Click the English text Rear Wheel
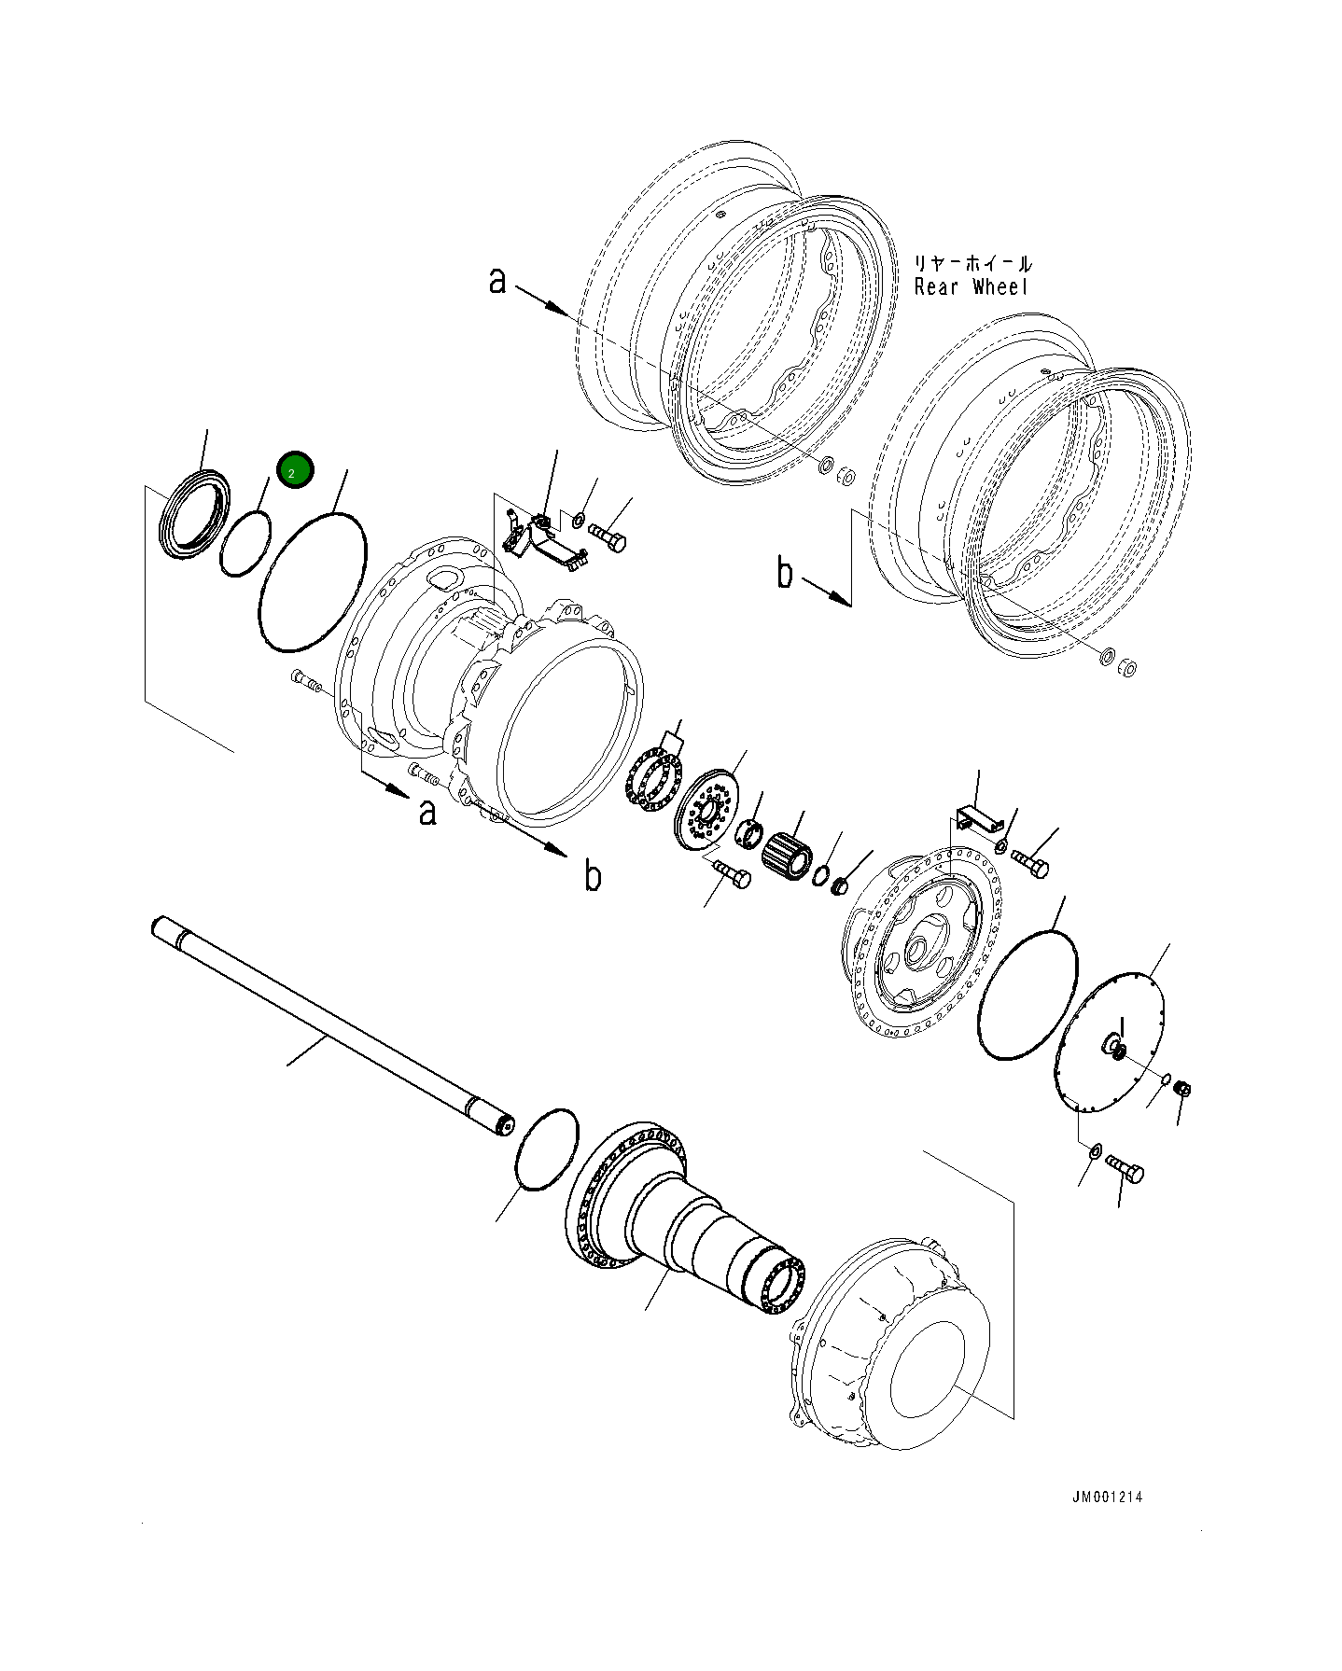click(971, 287)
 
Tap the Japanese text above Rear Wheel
click(972, 265)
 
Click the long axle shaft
click(327, 1023)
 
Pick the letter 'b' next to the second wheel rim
click(786, 573)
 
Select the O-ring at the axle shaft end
click(547, 1149)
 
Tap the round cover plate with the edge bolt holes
click(1109, 1041)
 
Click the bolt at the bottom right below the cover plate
click(1126, 1169)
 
